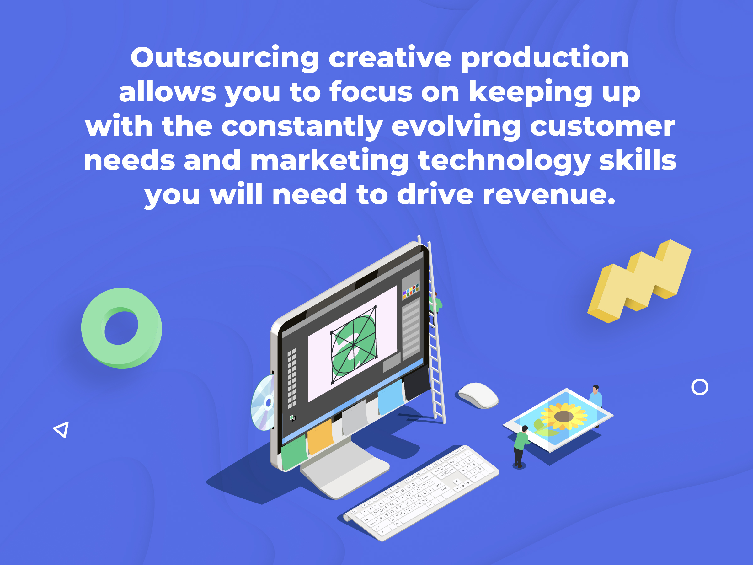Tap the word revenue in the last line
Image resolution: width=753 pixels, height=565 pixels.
549,195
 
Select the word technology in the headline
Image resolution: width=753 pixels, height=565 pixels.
504,161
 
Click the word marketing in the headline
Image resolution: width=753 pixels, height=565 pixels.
329,161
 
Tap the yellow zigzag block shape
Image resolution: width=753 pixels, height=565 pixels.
639,281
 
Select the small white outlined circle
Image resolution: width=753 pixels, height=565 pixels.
700,387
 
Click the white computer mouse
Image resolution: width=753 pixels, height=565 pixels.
478,395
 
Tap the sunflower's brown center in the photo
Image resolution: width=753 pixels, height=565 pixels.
564,416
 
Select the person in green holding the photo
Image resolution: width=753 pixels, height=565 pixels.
521,446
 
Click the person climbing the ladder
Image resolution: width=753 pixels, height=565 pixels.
435,306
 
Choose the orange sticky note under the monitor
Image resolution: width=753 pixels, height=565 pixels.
320,437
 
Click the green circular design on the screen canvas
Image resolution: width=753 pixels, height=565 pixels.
354,345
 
